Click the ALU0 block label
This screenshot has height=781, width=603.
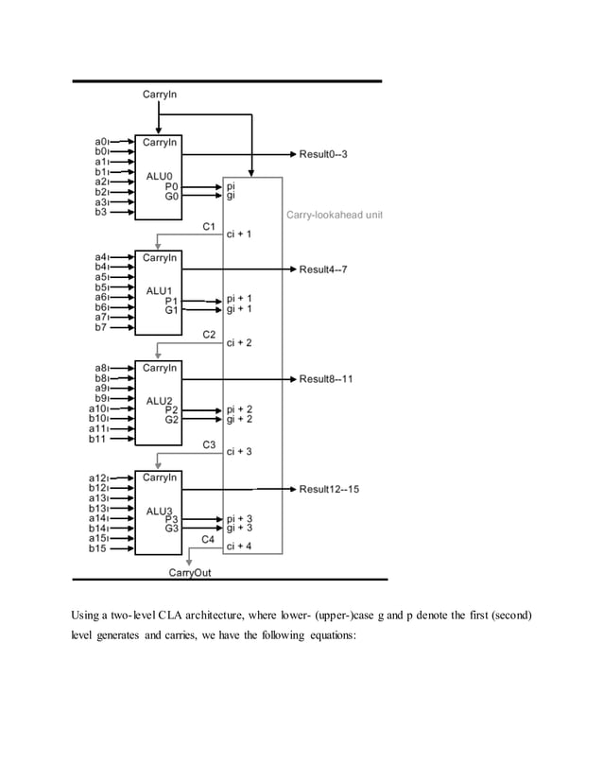(158, 176)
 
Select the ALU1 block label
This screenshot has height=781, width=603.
(158, 289)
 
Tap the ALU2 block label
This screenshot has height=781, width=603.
(158, 400)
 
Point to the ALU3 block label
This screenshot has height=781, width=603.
(158, 511)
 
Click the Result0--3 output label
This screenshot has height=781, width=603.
(324, 153)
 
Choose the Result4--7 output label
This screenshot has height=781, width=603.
(324, 269)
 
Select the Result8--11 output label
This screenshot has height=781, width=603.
(326, 379)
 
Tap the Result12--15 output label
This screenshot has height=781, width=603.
(329, 489)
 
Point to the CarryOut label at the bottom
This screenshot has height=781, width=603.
(190, 572)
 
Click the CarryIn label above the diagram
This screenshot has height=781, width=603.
(159, 95)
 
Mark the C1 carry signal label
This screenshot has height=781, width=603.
(210, 227)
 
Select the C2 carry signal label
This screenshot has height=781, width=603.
(210, 336)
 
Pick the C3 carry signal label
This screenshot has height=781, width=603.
(210, 444)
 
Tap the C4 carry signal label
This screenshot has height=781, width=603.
(210, 538)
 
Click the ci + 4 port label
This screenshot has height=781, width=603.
(238, 547)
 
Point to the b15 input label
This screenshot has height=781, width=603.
(97, 548)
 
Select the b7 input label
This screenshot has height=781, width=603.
(97, 328)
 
